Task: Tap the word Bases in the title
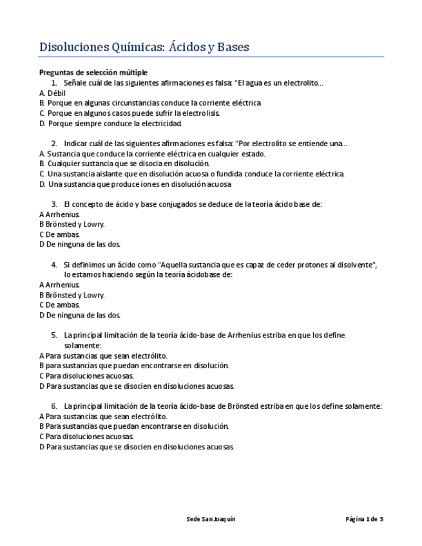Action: tap(233, 47)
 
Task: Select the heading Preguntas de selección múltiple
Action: tap(93, 72)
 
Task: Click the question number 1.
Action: tap(53, 83)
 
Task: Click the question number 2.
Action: tap(53, 144)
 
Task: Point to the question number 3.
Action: tap(53, 204)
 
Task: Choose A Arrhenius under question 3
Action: tap(59, 214)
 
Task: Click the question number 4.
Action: tap(53, 265)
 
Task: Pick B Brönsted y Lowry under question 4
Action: tap(72, 295)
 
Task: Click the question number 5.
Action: tap(53, 335)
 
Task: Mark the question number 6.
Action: tap(53, 406)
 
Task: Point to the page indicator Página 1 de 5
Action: tap(364, 519)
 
